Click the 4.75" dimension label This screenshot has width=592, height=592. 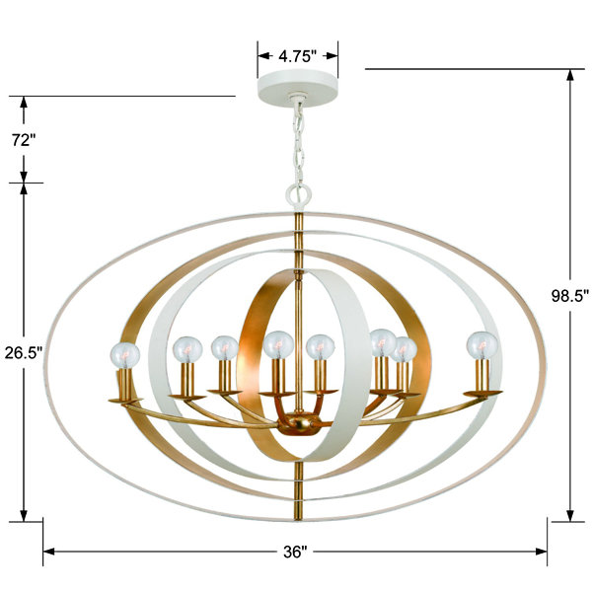(297, 56)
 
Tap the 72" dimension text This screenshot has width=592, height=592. (24, 140)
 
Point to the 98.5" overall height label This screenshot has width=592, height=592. (570, 296)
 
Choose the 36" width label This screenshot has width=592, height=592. (295, 552)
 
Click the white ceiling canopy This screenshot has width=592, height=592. (298, 89)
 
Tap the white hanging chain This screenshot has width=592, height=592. (298, 143)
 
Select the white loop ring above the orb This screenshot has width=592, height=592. (299, 195)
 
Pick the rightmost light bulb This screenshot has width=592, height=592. (481, 345)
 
